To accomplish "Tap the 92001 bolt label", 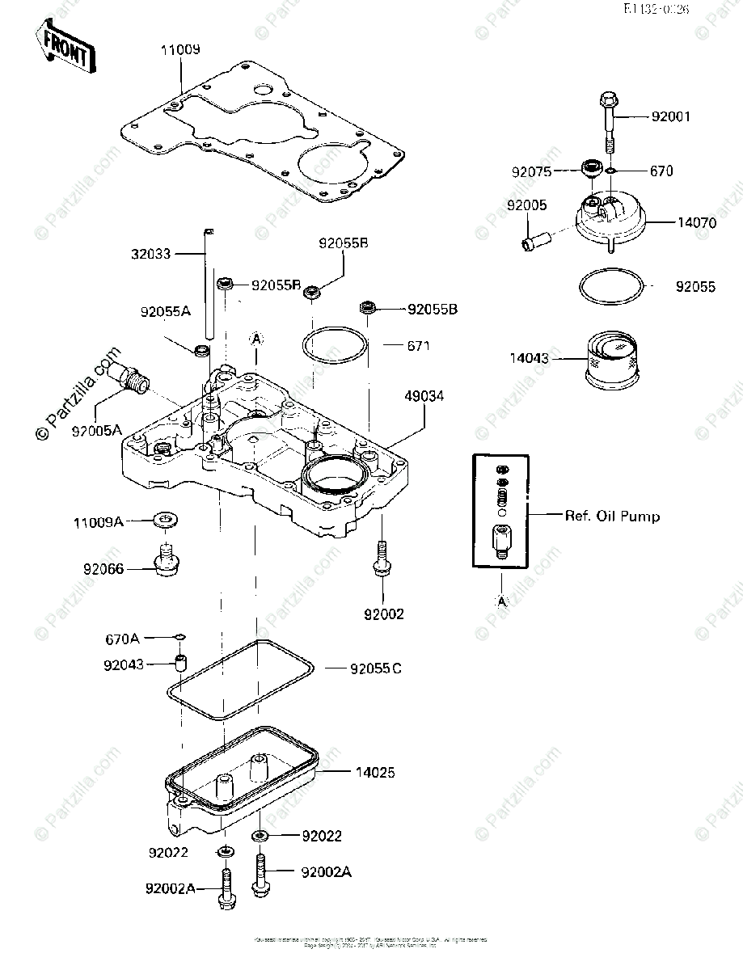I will click(x=671, y=116).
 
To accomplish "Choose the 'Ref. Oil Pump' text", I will click(x=611, y=516).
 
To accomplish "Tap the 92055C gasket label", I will click(x=376, y=668).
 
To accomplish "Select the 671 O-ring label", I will click(x=419, y=345).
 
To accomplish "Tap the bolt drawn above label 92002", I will click(x=382, y=559).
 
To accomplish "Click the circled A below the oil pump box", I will click(x=501, y=601).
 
